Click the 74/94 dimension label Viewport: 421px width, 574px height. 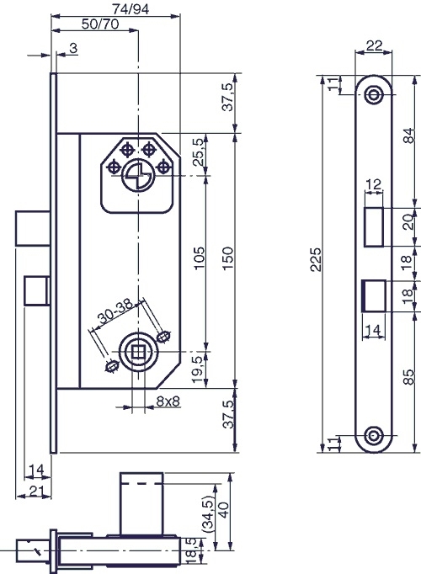[131, 8]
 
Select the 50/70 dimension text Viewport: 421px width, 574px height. [100, 24]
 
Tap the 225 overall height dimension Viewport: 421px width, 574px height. [316, 259]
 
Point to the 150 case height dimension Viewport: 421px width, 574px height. [227, 258]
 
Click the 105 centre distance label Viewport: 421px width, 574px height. [200, 258]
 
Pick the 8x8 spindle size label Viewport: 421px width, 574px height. [168, 401]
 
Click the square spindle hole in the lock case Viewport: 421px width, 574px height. [138, 352]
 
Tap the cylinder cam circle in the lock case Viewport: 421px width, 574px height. [138, 177]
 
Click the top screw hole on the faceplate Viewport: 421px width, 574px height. [373, 94]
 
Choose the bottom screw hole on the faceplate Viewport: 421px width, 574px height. [373, 436]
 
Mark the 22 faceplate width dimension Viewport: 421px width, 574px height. [374, 45]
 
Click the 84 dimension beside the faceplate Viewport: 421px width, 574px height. [410, 135]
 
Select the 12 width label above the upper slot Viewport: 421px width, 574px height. [373, 184]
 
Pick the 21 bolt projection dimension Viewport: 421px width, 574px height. [36, 491]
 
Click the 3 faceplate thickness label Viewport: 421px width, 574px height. [73, 48]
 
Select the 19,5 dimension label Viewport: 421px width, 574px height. [197, 370]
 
